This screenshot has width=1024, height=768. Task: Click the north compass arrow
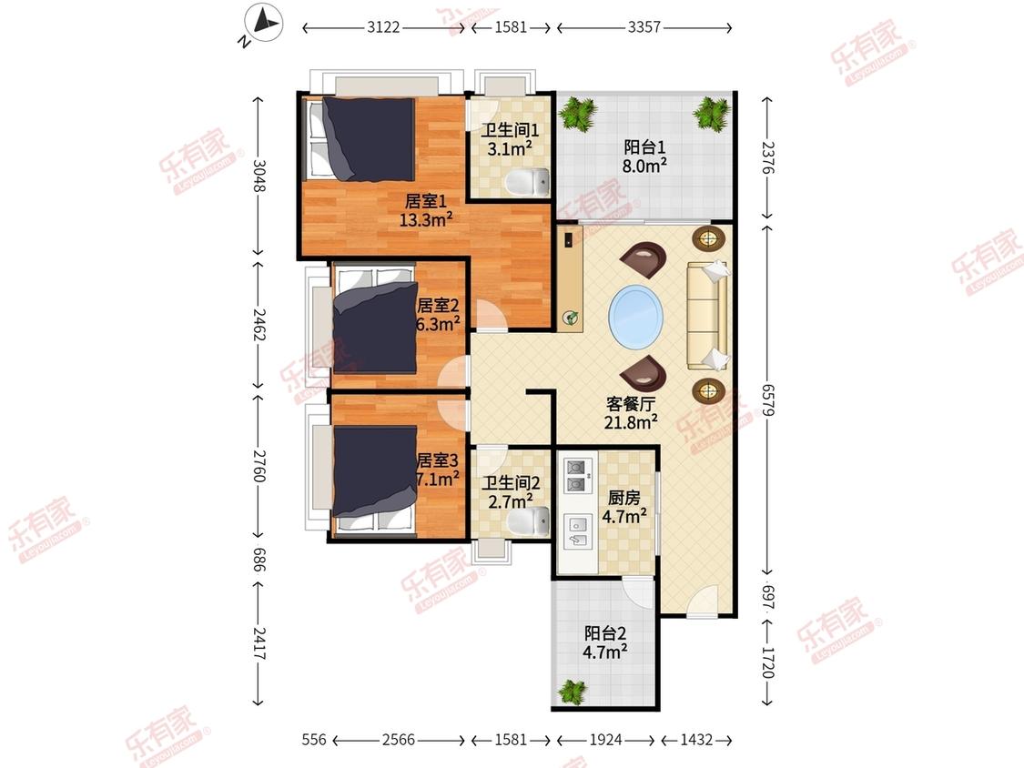pos(267,22)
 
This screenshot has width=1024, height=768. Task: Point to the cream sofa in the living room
pos(707,316)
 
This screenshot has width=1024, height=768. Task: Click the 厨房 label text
pos(624,499)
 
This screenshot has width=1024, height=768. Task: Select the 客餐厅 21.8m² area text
pos(631,413)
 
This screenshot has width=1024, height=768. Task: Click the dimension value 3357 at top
pos(644,27)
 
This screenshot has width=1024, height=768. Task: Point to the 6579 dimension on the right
pos(767,401)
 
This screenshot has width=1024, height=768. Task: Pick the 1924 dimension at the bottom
pos(605,740)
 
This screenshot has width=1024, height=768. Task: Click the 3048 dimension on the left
pos(259,177)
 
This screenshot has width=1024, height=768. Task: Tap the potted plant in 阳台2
pos(573,692)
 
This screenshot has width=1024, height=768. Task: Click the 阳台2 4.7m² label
pos(605,642)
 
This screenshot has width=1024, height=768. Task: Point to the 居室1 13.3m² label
pos(426,210)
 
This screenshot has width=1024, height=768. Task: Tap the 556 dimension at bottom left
pos(314,740)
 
